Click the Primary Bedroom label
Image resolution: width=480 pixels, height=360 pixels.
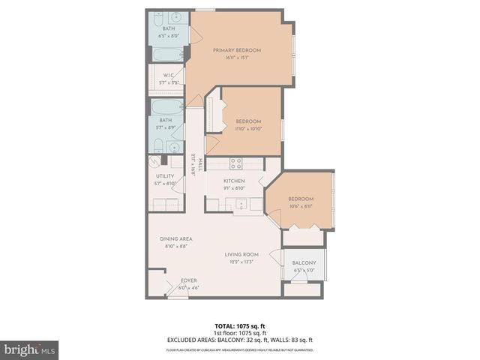tap(237, 50)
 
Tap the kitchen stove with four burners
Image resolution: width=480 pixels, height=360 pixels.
tap(236, 162)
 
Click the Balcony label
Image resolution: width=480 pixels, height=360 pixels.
tap(304, 262)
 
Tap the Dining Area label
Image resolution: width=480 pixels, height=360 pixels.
tap(175, 238)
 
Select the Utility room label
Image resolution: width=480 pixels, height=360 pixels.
tap(165, 176)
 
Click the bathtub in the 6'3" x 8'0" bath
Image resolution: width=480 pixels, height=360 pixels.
tap(168, 54)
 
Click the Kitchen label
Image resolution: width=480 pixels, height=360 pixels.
tap(234, 181)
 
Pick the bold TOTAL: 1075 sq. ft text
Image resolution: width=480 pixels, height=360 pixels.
tap(239, 325)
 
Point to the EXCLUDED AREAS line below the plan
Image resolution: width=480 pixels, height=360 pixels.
tap(239, 340)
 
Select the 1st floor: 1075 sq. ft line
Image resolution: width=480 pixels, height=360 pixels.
tap(239, 333)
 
